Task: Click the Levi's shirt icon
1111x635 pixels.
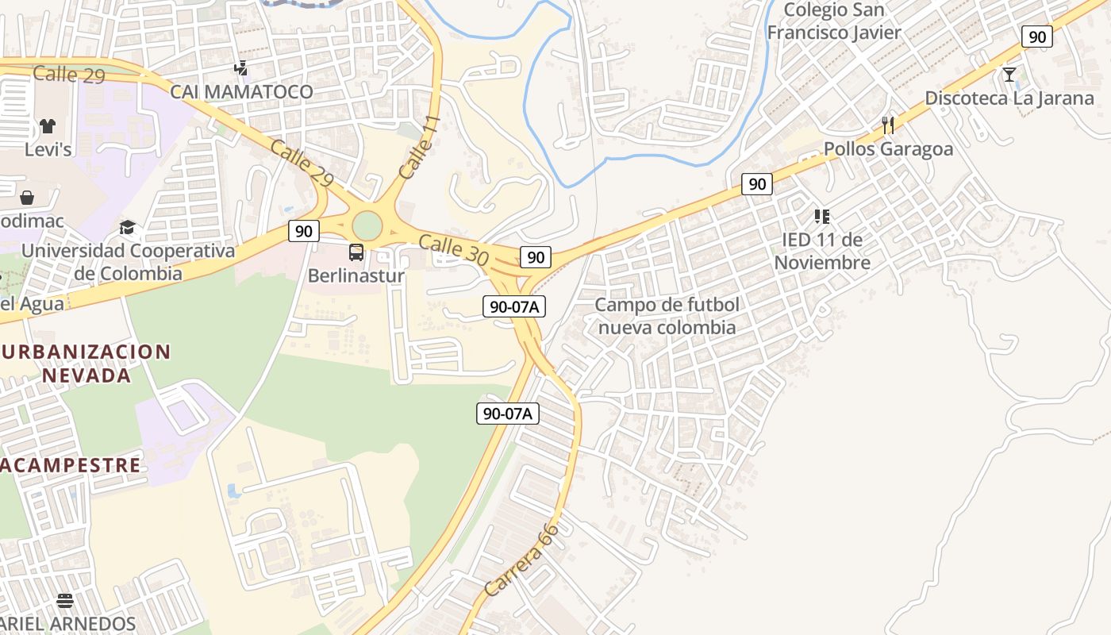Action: pyautogui.click(x=48, y=126)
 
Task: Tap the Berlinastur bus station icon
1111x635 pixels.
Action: pyautogui.click(x=356, y=252)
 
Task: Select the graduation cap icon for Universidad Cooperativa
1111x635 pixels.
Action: pyautogui.click(x=127, y=229)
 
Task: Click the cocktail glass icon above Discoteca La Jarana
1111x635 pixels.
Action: pyautogui.click(x=1009, y=75)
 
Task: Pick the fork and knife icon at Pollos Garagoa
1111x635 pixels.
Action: pyautogui.click(x=888, y=125)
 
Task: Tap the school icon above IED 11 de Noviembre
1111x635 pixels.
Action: pyautogui.click(x=821, y=216)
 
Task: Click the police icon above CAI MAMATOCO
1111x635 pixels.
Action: pyautogui.click(x=240, y=68)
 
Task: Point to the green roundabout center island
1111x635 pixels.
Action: pyautogui.click(x=367, y=225)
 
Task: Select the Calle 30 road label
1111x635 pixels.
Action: pyautogui.click(x=452, y=250)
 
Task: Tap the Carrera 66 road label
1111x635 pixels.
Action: pyautogui.click(x=521, y=560)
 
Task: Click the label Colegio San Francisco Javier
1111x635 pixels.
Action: pyautogui.click(x=834, y=21)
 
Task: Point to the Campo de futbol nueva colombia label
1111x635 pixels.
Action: pyautogui.click(x=667, y=316)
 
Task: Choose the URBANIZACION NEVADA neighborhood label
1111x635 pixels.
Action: pyautogui.click(x=86, y=363)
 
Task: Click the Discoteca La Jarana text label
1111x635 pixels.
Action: pyautogui.click(x=1009, y=98)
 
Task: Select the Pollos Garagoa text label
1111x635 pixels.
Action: pyautogui.click(x=888, y=149)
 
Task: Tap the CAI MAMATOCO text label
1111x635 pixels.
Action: pyautogui.click(x=242, y=92)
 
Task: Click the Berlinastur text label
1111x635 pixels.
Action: pyautogui.click(x=356, y=276)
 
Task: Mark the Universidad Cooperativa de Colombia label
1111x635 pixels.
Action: pyautogui.click(x=129, y=262)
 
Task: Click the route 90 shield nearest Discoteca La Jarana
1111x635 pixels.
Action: pyautogui.click(x=1036, y=37)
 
